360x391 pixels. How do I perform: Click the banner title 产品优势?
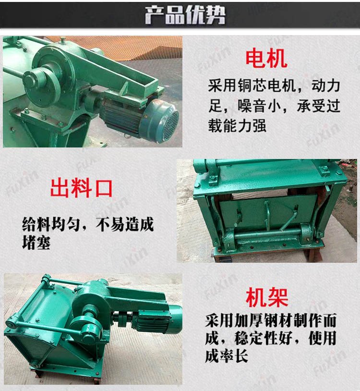(x=185, y=15)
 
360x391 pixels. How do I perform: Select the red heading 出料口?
(x=82, y=188)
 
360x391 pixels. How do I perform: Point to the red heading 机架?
(x=267, y=297)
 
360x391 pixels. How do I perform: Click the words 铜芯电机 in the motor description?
(x=266, y=86)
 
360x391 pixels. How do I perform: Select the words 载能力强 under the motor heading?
(x=237, y=125)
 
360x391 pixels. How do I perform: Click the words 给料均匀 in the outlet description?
(x=51, y=224)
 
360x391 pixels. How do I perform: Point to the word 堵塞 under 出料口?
(x=36, y=243)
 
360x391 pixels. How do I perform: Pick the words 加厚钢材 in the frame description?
(x=264, y=321)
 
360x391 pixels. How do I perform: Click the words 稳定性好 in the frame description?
(x=264, y=338)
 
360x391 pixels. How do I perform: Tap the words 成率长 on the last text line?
(x=227, y=356)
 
